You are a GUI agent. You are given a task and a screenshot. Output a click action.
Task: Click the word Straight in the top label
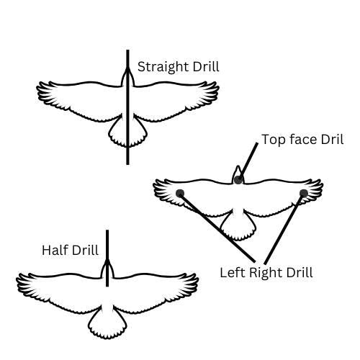[x=163, y=67]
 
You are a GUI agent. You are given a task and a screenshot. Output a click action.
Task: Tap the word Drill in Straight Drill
[x=206, y=66]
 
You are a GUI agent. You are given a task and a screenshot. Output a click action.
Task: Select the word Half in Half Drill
[x=55, y=250]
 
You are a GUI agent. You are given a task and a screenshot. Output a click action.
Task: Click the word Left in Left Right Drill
[x=233, y=272]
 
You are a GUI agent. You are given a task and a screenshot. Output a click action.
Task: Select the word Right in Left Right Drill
[x=266, y=273]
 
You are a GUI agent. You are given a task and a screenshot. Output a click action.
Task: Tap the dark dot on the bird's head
[x=238, y=180]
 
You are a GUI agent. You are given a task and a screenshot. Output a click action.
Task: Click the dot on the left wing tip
[x=180, y=193]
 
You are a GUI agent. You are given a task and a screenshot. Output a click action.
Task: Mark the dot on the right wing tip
[x=304, y=193]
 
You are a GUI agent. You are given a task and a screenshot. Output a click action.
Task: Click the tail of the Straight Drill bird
[x=127, y=132]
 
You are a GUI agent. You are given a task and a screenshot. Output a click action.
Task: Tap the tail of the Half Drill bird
[x=107, y=324]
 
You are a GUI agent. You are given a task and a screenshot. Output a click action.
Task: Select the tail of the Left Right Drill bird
[x=238, y=227]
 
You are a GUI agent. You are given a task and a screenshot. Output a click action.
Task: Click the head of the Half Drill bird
[x=107, y=269]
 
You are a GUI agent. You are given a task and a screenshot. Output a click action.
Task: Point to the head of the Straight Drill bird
[x=127, y=77]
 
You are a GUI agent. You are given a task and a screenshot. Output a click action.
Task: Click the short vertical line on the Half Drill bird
[x=107, y=258]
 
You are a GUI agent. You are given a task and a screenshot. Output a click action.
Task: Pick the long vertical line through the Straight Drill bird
[x=127, y=107]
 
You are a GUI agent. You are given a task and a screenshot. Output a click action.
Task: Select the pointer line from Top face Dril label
[x=248, y=161]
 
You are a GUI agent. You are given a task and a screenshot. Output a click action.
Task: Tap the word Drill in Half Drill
[x=85, y=250]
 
